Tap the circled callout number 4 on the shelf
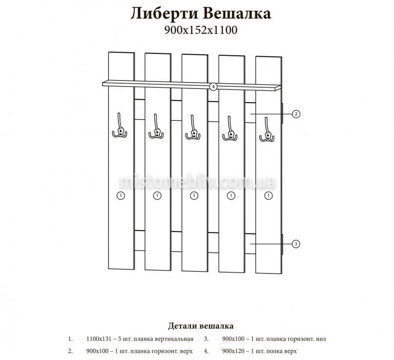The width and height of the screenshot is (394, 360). [x=213, y=86]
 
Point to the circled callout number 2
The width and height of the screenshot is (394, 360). [x=296, y=114]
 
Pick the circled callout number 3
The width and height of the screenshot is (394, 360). [x=296, y=243]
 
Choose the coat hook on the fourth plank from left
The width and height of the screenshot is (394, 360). [x=230, y=129]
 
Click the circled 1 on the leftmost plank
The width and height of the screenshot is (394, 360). [x=121, y=196]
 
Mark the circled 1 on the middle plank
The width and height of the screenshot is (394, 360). [x=194, y=196]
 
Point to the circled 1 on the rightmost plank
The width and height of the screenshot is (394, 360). [x=268, y=196]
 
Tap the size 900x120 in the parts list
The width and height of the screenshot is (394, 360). [x=233, y=351]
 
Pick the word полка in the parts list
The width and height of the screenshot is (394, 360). [x=273, y=351]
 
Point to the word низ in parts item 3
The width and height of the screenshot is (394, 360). [x=321, y=339]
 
